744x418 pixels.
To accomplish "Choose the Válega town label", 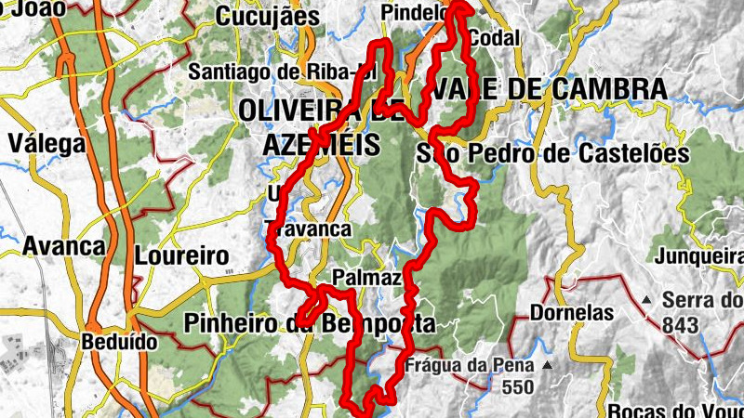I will tap(46, 144).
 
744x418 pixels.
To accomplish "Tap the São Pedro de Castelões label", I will tap(553, 154).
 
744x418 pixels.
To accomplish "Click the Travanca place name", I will tap(308, 229).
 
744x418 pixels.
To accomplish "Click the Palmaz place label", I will tap(366, 278).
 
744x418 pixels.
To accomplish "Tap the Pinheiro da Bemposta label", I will tap(310, 324).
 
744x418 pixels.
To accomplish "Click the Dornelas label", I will tap(572, 312).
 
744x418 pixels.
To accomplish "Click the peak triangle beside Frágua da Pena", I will tap(549, 364).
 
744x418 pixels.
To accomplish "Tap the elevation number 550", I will tap(517, 386).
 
